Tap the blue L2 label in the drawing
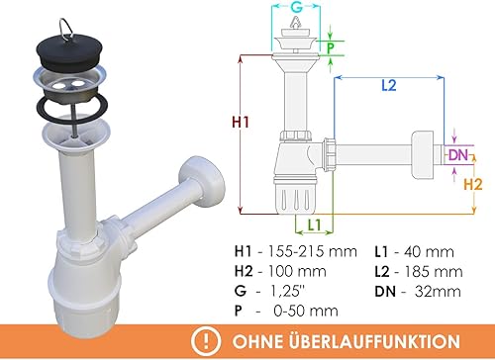389,86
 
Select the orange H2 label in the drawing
473,185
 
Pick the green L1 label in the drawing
314,225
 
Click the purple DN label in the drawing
458,154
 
